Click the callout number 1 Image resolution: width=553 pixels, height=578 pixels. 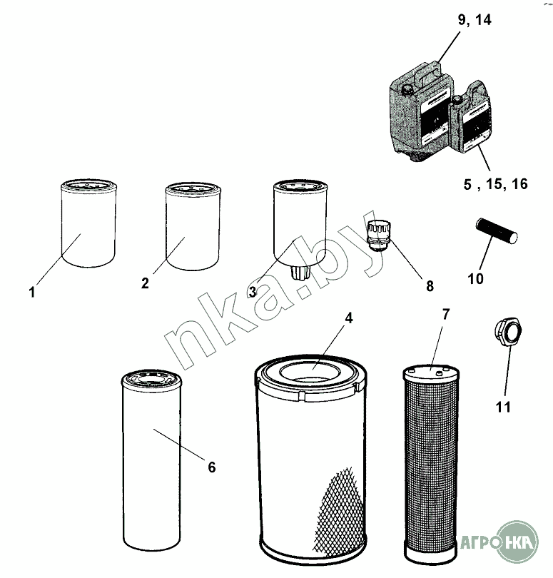click(x=32, y=292)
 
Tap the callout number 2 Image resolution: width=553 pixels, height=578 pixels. click(x=145, y=283)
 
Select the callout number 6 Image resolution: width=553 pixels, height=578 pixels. click(x=212, y=467)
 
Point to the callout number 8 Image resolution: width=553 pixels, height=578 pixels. click(x=430, y=285)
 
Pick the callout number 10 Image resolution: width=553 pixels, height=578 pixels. click(x=475, y=279)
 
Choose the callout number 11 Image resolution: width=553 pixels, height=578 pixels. click(x=503, y=407)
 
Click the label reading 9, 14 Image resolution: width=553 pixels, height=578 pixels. click(x=475, y=19)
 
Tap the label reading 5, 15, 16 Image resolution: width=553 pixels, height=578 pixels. click(x=495, y=184)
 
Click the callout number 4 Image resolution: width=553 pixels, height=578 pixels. click(x=349, y=318)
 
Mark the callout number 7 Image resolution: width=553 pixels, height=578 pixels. click(x=446, y=315)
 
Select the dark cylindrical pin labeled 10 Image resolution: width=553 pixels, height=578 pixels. click(x=497, y=230)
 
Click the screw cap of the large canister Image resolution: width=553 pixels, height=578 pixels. click(x=407, y=90)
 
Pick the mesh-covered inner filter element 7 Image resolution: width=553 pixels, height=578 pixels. click(x=430, y=465)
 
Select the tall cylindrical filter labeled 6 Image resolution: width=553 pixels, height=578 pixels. click(x=151, y=460)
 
